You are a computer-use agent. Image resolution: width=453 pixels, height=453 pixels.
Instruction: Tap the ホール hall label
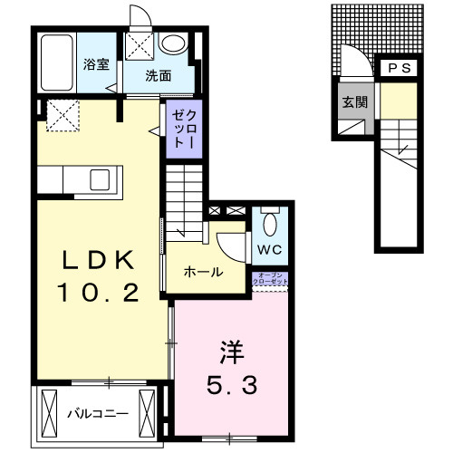(203, 272)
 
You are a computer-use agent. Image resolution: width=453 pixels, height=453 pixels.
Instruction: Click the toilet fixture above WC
(270, 223)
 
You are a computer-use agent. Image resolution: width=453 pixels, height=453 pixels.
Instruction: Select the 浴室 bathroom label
(95, 64)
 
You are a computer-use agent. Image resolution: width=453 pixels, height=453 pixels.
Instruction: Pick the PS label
(399, 68)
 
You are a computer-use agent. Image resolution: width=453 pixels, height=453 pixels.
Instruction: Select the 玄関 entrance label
(354, 101)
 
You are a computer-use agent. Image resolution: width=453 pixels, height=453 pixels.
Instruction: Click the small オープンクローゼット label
(272, 281)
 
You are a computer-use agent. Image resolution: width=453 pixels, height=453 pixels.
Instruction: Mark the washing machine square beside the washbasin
(140, 46)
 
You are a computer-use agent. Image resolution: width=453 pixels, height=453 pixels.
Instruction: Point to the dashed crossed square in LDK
(62, 115)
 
